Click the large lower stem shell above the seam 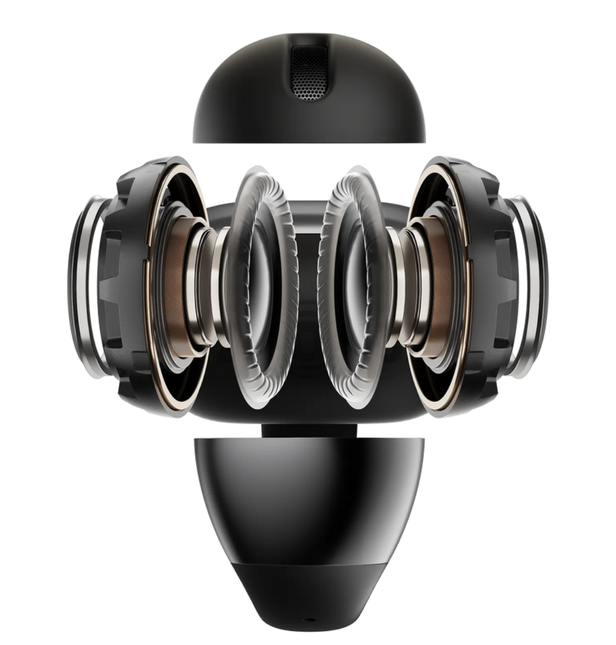[x=308, y=504]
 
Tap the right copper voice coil [x=440, y=286]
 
